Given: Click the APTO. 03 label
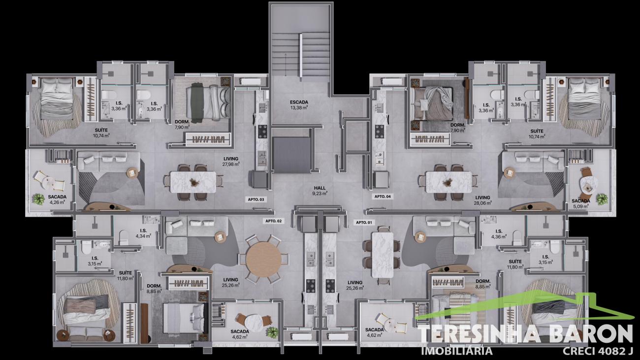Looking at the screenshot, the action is [x=256, y=199].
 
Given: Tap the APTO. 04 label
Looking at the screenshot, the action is [x=383, y=196].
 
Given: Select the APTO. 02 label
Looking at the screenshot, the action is [x=273, y=221].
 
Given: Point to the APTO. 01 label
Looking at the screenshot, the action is [x=364, y=223].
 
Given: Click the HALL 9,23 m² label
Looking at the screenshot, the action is [x=320, y=191].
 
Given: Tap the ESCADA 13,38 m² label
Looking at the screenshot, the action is [x=299, y=105].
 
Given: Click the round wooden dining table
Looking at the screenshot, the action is [x=263, y=259].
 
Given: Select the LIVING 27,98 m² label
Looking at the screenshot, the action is [x=231, y=162].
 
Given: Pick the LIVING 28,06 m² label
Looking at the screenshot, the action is [x=483, y=200].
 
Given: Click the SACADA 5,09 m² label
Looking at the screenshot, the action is [x=581, y=204].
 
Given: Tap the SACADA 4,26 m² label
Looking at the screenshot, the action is [x=57, y=200].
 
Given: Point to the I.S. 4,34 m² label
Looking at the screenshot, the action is [x=143, y=233].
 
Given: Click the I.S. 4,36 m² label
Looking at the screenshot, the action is [x=499, y=234].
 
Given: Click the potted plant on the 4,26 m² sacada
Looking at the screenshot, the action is [x=38, y=199].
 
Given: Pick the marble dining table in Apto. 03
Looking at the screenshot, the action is [x=193, y=182].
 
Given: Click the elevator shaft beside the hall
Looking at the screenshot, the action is [x=291, y=155].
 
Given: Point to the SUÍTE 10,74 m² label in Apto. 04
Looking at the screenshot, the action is [x=537, y=134].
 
